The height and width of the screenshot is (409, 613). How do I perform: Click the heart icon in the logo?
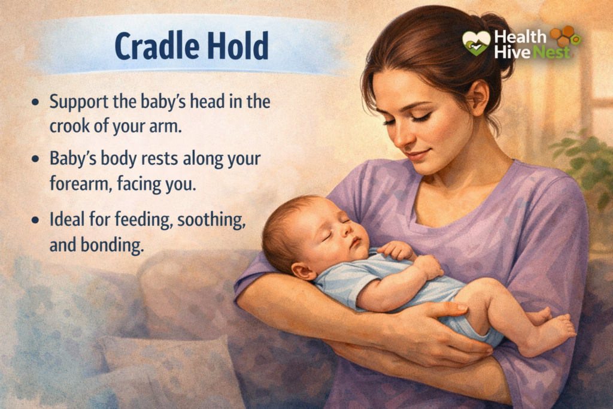477,43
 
